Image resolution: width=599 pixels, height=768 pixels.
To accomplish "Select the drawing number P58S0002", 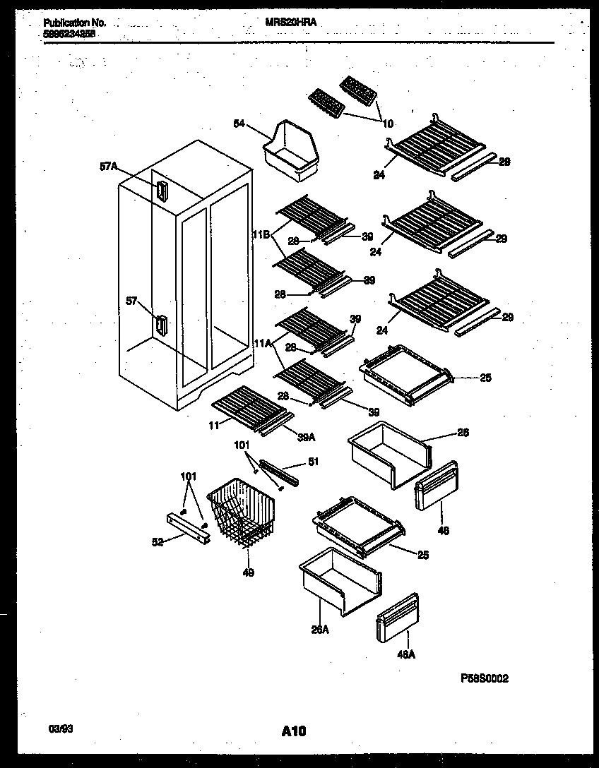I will point(484,678).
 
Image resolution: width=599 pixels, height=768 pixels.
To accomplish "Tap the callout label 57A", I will point(108,167).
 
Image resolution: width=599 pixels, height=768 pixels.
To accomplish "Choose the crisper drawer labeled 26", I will point(388,454).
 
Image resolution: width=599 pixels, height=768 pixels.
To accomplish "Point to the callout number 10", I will point(388,124).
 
